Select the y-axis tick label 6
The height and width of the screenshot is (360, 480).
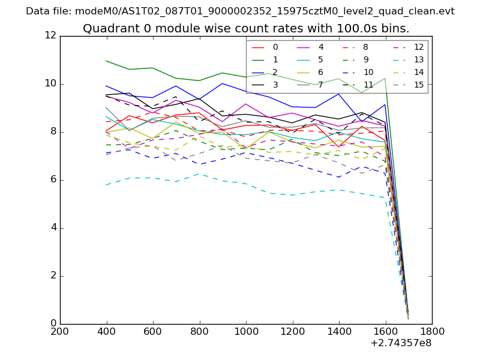click(53, 179)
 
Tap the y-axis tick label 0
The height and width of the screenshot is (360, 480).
click(53, 323)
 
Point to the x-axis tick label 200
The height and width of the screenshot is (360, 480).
click(60, 331)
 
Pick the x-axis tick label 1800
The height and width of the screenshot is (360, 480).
click(432, 331)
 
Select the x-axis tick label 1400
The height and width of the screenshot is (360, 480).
click(339, 331)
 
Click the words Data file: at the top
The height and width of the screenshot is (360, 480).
click(49, 11)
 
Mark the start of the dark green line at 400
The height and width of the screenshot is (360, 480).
click(106, 61)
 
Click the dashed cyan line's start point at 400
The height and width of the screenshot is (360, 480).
click(106, 185)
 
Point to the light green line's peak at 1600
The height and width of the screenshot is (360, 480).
click(385, 78)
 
